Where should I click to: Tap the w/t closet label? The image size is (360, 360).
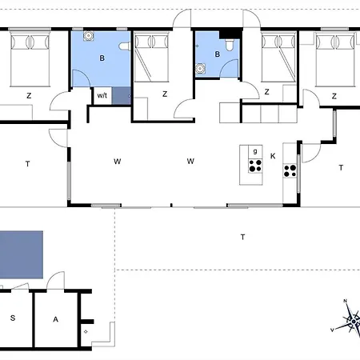102,95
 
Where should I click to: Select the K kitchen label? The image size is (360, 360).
273,156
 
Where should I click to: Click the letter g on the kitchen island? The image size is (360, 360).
255,151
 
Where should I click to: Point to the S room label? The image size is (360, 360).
13,318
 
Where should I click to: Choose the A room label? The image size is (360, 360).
55,319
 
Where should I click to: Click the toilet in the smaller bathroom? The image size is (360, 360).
230,45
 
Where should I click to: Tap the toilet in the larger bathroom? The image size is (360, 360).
124,46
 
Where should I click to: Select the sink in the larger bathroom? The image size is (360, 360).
88,36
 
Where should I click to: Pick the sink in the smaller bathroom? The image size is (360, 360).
200,69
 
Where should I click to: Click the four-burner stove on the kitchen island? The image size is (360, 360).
255,166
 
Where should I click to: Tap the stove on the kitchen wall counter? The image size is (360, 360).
290,171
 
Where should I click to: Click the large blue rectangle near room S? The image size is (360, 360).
22,254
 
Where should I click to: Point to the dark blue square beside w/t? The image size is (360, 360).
122,96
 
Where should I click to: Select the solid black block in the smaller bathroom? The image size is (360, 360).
230,34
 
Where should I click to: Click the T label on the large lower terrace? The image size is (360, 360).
242,237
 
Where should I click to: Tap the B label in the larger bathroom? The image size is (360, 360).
102,58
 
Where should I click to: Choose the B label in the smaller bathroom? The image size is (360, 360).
218,54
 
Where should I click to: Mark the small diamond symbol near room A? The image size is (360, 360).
86,332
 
